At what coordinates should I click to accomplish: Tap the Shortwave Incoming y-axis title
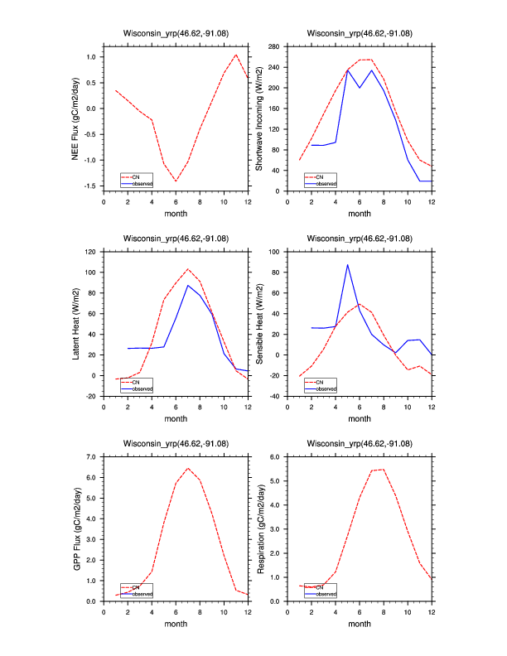[x=258, y=119]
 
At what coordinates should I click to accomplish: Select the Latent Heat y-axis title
[x=75, y=323]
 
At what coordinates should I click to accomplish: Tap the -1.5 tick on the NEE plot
[x=89, y=186]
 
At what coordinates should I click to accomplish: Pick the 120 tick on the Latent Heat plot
[x=91, y=252]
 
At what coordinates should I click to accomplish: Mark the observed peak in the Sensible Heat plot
[x=348, y=265]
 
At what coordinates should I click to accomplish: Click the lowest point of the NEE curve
[x=176, y=181]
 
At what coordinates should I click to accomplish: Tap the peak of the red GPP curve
[x=188, y=468]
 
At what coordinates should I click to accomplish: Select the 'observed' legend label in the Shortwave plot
[x=327, y=183]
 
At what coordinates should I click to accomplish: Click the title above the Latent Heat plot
[x=176, y=239]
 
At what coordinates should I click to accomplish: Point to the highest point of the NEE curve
[x=236, y=55]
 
